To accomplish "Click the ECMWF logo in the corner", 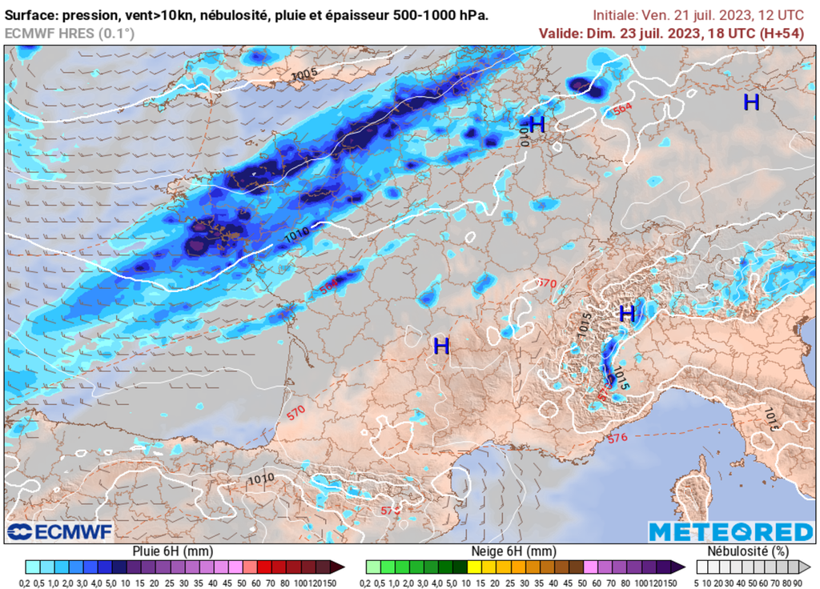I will (59, 531).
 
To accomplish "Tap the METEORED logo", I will (730, 532).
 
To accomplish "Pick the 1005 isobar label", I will (304, 74).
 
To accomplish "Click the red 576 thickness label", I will (617, 438).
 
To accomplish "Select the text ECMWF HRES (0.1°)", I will (70, 33).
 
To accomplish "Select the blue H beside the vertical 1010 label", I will (537, 124).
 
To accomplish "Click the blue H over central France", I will (441, 346).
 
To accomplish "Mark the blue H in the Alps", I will (627, 312).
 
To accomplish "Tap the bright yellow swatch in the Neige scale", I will (474, 567).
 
